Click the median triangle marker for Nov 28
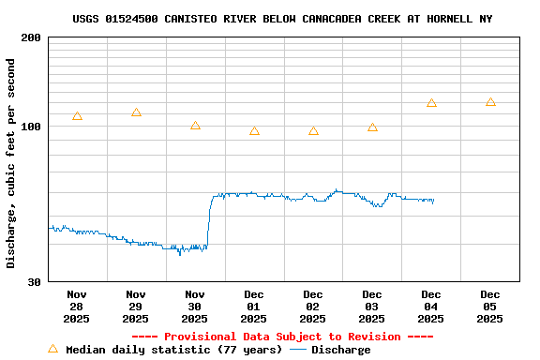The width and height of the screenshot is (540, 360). click(77, 116)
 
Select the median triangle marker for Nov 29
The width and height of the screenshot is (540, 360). click(136, 112)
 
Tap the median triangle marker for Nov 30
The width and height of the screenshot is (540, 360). click(195, 126)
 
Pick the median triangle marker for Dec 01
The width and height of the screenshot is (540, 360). click(254, 131)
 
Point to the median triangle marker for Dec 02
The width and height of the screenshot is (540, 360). click(313, 131)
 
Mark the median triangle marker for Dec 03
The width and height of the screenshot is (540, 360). click(372, 127)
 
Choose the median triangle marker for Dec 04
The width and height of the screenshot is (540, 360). click(431, 103)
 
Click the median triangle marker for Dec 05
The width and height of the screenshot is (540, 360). click(490, 102)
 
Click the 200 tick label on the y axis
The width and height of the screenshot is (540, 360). click(30, 37)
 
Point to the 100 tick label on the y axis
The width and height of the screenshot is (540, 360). click(30, 127)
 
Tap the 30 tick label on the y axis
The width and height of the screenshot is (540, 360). click(34, 281)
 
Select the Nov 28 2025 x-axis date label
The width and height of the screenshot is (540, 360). click(77, 306)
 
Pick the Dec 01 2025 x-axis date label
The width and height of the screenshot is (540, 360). click(254, 306)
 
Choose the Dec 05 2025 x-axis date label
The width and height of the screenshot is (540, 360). click(490, 306)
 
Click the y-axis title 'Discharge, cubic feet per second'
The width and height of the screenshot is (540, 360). click(11, 163)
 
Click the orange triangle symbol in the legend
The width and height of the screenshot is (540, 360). click(52, 349)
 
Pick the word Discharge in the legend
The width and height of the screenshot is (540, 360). click(340, 350)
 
